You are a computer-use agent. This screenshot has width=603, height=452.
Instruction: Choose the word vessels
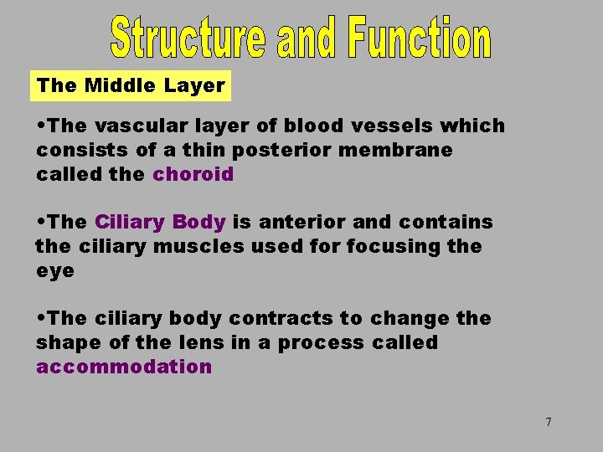tap(381, 126)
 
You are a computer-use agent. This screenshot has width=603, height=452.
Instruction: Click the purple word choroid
tap(193, 175)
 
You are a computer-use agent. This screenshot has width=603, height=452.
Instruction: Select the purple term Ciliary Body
tap(160, 223)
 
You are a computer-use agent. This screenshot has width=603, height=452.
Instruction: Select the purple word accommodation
tap(124, 367)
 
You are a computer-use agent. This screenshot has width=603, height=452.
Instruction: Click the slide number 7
tap(549, 422)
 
